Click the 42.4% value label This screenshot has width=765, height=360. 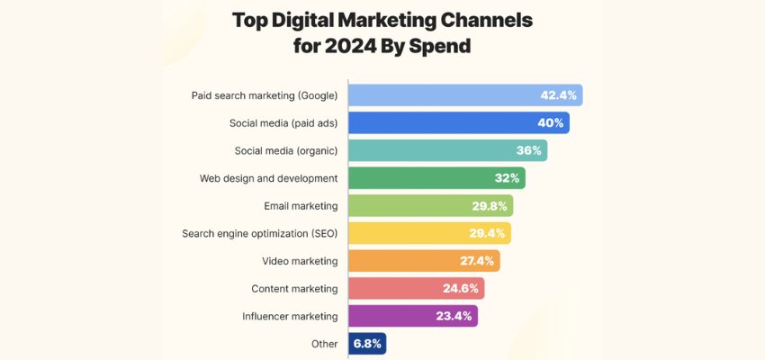558,95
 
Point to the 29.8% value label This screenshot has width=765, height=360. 490,206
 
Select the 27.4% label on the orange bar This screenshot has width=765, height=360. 478,261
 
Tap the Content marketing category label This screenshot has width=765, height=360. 294,289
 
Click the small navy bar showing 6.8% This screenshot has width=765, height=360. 367,344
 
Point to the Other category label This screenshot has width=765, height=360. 325,344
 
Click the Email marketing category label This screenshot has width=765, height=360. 301,206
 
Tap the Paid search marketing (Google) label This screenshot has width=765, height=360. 265,95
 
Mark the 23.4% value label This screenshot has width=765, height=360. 455,316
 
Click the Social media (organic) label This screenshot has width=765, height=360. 286,150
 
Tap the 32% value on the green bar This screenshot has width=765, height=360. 506,178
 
